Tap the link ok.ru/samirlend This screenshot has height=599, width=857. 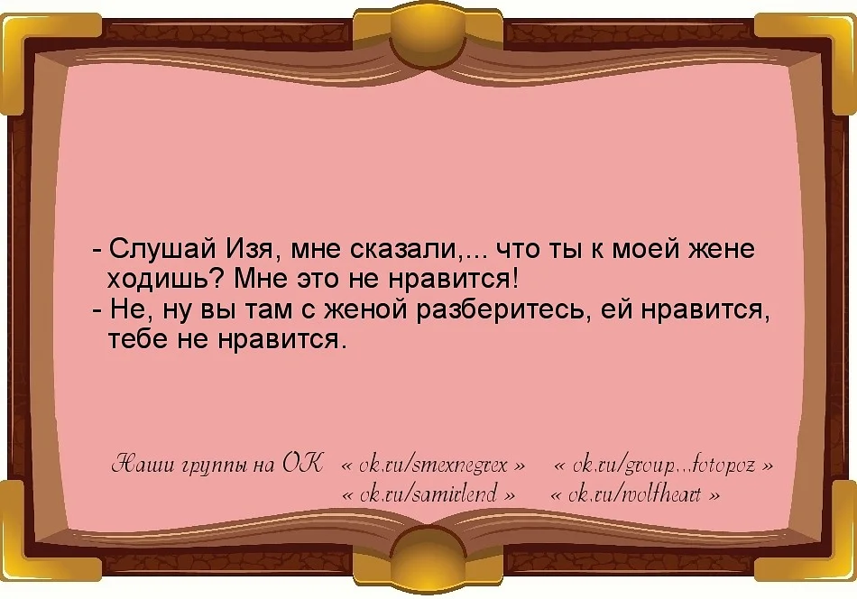click(x=429, y=495)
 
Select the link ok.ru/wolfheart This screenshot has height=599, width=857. click(x=636, y=495)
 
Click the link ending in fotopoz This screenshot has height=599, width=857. click(x=663, y=466)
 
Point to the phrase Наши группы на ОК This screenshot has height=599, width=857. click(x=215, y=465)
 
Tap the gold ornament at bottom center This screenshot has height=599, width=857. click(x=428, y=564)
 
